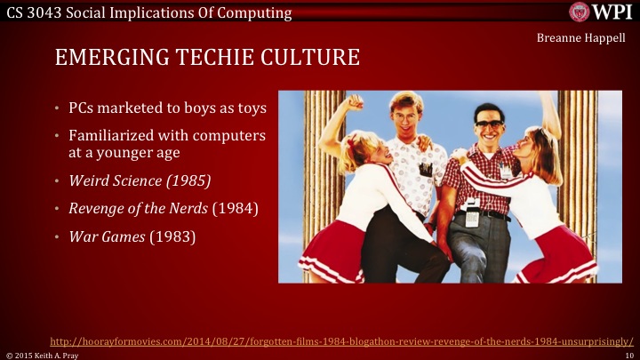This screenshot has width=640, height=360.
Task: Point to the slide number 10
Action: click(628, 354)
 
